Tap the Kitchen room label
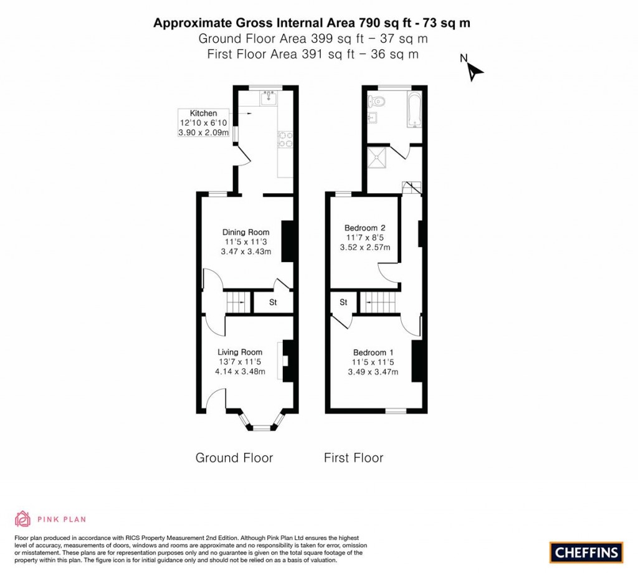pos(204,113)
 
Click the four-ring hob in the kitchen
pos(286,139)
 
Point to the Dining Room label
pos(246,232)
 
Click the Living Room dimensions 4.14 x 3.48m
pos(240,372)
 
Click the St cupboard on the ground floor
pos(273,303)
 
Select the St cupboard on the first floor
pos(343,303)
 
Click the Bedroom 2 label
pos(364,228)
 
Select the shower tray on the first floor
pos(378,158)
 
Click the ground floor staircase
pos(236,303)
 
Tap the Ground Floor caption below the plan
pos(234,458)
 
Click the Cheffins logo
pos(586,552)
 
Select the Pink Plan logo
pos(50,518)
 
